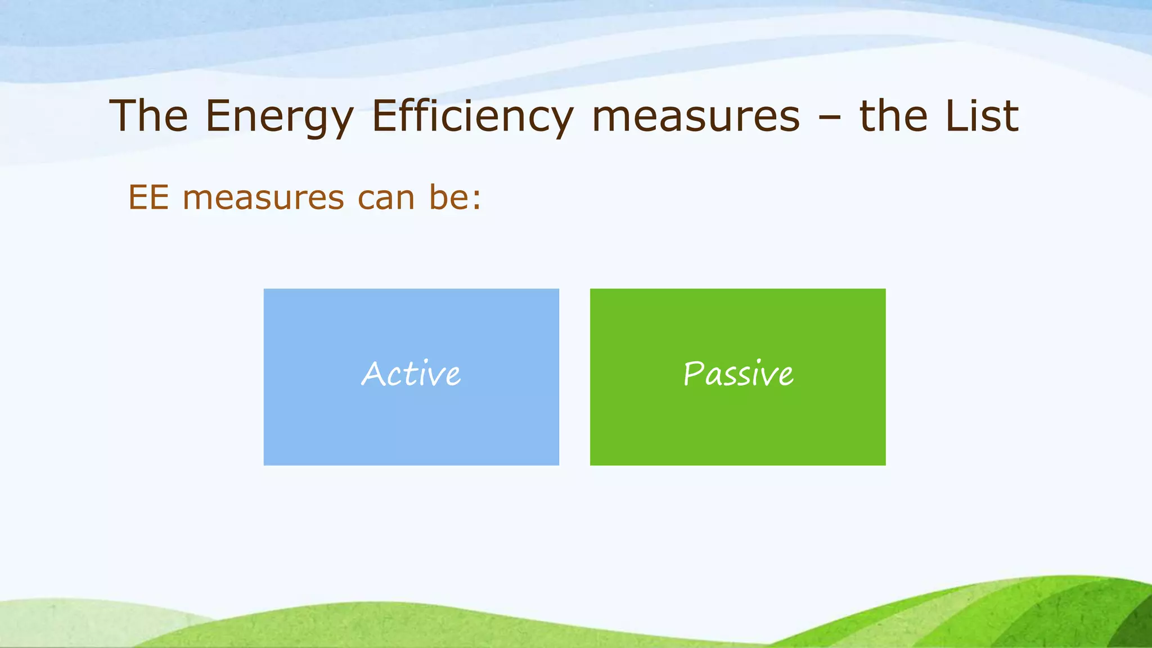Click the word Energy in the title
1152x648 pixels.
(x=279, y=117)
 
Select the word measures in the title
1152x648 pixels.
(x=696, y=117)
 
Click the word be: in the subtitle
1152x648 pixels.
(x=455, y=198)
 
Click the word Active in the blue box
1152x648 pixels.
(x=411, y=374)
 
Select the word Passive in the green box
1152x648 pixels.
(x=738, y=374)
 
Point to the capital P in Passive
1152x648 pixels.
(x=693, y=374)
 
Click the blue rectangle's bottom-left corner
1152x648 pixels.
(x=265, y=463)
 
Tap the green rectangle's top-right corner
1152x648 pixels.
(x=884, y=291)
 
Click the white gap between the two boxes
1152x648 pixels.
(x=574, y=377)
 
